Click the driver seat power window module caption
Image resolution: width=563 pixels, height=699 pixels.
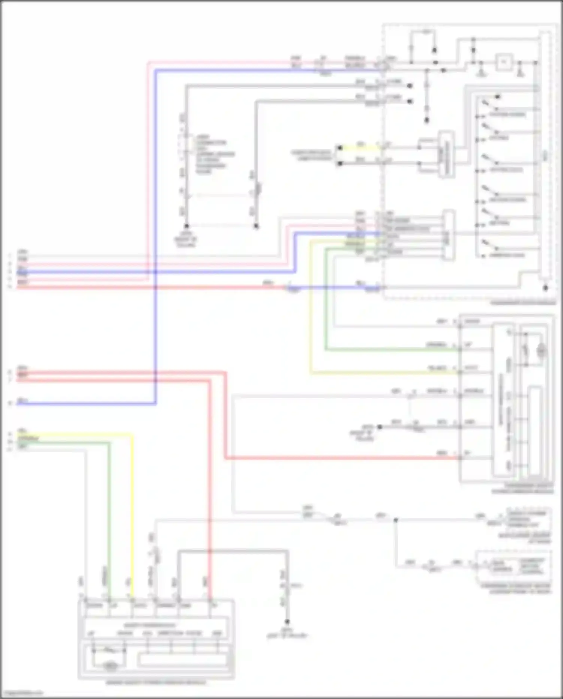point(156,682)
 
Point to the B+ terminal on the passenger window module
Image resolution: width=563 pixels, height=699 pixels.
point(467,453)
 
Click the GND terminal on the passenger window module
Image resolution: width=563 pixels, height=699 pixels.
point(469,422)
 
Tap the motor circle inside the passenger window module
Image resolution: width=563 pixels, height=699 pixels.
point(541,350)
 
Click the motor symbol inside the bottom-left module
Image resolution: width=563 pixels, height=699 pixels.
point(110,666)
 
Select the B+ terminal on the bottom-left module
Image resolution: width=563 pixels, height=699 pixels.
point(214,605)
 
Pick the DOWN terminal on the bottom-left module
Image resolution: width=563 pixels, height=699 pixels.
point(94,605)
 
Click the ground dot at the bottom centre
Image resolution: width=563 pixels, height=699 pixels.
point(287,622)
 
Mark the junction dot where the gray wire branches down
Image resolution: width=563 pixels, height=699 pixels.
point(396,520)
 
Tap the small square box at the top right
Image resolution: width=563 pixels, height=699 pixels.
point(504,62)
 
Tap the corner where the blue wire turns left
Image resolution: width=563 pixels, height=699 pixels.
point(155,404)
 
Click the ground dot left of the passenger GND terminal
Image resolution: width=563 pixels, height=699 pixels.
point(379,427)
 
